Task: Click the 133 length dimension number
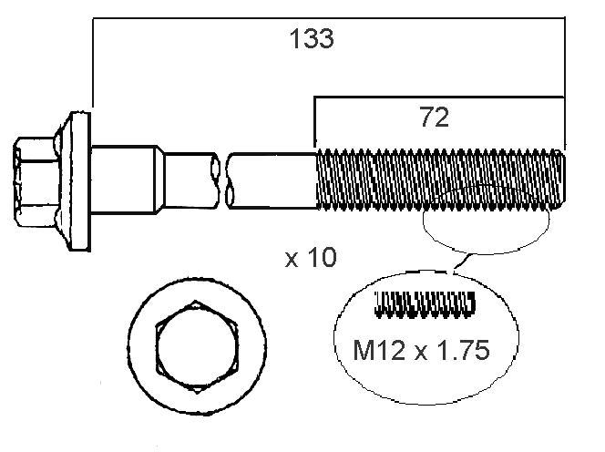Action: coord(312,38)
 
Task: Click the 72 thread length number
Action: coord(435,118)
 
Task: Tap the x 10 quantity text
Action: coord(311,258)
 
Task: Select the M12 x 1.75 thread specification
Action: coord(421,350)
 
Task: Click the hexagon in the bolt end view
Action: coord(197,347)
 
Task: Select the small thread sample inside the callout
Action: coord(426,304)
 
